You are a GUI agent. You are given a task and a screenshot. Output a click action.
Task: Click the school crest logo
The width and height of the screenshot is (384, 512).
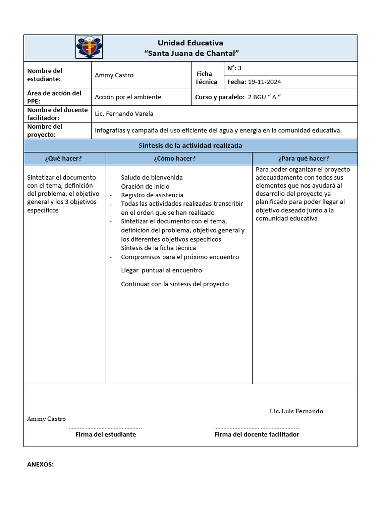tap(89, 47)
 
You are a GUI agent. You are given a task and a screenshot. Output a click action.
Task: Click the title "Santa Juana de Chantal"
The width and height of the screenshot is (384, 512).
tap(191, 53)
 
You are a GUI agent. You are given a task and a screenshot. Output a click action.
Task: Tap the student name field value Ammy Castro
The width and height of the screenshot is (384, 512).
tap(114, 75)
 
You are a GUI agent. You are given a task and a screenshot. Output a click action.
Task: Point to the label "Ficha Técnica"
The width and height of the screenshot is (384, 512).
tap(206, 78)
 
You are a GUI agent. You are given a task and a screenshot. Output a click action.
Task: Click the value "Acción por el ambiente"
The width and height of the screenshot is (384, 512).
tap(128, 97)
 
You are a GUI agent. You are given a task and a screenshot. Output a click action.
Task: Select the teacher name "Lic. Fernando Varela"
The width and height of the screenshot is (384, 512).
tap(124, 114)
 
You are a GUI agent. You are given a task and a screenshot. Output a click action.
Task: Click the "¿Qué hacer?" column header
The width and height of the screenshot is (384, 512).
tap(63, 159)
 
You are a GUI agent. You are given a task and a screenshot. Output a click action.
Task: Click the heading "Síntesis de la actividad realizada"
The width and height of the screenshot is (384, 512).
tap(190, 146)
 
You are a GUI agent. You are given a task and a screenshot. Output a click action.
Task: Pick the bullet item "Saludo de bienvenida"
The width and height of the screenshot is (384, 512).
tap(152, 177)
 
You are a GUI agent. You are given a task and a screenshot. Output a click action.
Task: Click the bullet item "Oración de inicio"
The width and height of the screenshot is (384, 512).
tap(145, 186)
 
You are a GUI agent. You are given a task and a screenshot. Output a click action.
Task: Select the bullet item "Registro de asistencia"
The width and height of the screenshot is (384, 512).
tap(152, 195)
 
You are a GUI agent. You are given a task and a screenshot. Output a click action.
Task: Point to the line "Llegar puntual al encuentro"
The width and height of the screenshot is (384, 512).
tap(161, 270)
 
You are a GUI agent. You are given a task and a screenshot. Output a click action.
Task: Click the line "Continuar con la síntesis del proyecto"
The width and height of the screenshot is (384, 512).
tap(175, 284)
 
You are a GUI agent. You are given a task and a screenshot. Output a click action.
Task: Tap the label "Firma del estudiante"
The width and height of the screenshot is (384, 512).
tap(105, 435)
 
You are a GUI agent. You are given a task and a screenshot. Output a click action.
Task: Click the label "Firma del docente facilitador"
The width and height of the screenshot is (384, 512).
tap(257, 435)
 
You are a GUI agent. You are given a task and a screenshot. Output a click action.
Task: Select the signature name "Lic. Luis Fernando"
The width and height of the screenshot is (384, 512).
tap(296, 411)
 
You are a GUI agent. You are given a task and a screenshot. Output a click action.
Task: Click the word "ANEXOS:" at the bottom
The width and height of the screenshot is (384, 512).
tap(40, 464)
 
